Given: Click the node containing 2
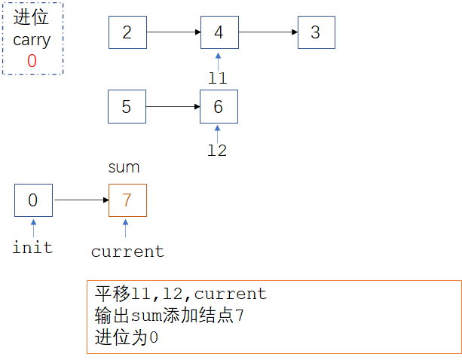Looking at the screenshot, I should pos(127,32).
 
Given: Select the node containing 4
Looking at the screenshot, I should pos(219,32).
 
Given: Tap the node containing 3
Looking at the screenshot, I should pos(315,32).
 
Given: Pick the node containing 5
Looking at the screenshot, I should pos(127,107).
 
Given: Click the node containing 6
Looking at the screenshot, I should pos(219,107).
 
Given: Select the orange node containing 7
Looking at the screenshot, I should pos(127,200).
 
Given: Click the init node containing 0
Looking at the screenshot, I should pos(32,200).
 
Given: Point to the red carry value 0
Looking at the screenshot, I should pos(32,62).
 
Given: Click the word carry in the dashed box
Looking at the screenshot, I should pos(32,41).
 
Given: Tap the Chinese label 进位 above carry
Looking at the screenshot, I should pos(32,20).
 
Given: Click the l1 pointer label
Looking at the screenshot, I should pos(217,77).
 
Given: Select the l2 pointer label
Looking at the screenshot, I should pos(217,151).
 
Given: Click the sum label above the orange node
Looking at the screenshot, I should pos(124,167).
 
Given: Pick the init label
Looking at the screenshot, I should pos(32,246).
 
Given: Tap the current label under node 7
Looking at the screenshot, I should pos(127,252).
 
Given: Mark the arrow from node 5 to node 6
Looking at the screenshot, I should pos(173,107).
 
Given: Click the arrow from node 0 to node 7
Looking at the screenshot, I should pos(80,200).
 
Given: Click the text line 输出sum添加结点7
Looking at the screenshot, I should pos(170,316).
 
